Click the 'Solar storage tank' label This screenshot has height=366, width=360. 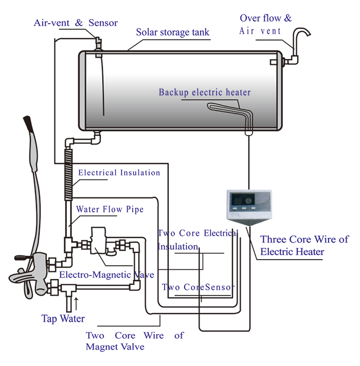172,32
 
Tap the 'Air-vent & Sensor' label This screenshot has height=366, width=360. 76,23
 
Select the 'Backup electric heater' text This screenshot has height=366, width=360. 204,93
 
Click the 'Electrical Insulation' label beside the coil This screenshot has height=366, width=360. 119,173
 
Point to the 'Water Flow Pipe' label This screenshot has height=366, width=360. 110,210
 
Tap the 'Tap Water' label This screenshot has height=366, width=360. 63,319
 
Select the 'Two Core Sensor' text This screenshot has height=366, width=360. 198,287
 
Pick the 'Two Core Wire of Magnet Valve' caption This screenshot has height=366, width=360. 134,341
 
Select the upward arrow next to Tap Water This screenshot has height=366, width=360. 77,301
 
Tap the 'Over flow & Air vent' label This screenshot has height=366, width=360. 265,24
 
